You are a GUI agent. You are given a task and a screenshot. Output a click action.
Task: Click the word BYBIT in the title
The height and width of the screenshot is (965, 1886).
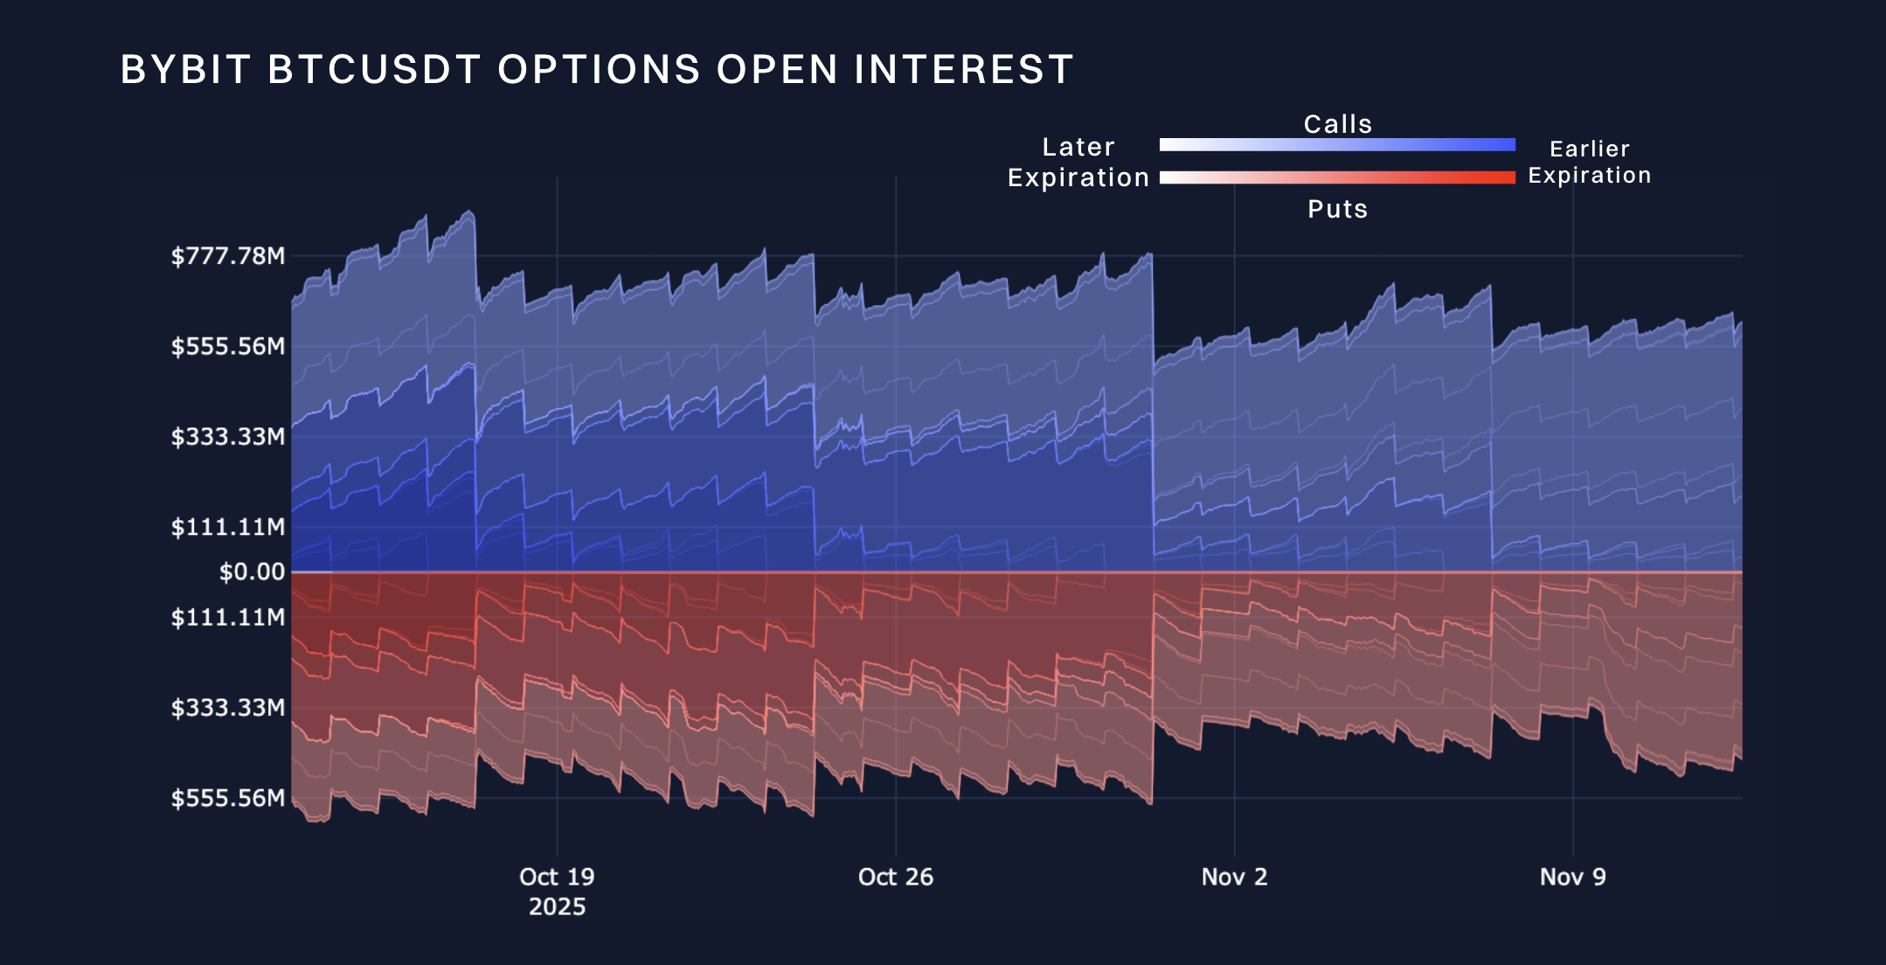point(185,70)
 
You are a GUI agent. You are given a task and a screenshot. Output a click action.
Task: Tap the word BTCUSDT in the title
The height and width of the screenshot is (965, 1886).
point(374,70)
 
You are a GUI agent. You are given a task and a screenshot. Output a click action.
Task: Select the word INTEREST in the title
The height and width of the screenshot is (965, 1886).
point(963,70)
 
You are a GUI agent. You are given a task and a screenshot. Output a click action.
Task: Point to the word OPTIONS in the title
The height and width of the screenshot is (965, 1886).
point(599,70)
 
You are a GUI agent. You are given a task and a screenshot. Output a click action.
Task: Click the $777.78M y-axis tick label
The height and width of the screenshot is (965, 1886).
point(228,256)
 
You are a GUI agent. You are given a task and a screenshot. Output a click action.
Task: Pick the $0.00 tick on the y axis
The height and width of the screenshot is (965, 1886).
point(252,572)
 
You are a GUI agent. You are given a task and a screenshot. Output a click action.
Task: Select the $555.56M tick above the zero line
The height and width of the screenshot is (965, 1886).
point(228,346)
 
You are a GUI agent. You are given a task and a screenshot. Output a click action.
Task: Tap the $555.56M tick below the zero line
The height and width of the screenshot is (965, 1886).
point(228,798)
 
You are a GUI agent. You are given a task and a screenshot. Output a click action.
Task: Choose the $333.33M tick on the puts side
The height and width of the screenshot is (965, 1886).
point(228,707)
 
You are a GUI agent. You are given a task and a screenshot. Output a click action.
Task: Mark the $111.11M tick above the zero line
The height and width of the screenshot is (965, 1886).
point(228,527)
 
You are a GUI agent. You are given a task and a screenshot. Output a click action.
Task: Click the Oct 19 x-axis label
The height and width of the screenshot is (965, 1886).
point(557,877)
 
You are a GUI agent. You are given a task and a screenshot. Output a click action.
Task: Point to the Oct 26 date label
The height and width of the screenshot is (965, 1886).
point(896,877)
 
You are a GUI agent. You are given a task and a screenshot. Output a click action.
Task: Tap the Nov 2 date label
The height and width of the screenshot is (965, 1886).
point(1234,877)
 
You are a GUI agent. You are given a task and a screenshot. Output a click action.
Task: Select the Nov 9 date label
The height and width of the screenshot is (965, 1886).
point(1573,877)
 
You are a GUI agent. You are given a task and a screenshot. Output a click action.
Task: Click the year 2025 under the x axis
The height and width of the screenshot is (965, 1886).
point(557,906)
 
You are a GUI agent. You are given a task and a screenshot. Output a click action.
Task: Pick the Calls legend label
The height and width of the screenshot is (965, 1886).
point(1338,124)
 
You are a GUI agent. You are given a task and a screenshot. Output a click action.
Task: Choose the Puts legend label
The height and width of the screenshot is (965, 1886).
point(1338,209)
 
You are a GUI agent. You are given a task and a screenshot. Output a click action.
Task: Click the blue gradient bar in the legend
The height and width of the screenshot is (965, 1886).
point(1337,145)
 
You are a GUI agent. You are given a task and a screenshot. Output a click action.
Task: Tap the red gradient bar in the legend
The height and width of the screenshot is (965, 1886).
point(1337,177)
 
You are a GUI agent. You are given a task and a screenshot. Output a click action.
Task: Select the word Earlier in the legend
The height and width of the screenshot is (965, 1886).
point(1590,149)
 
